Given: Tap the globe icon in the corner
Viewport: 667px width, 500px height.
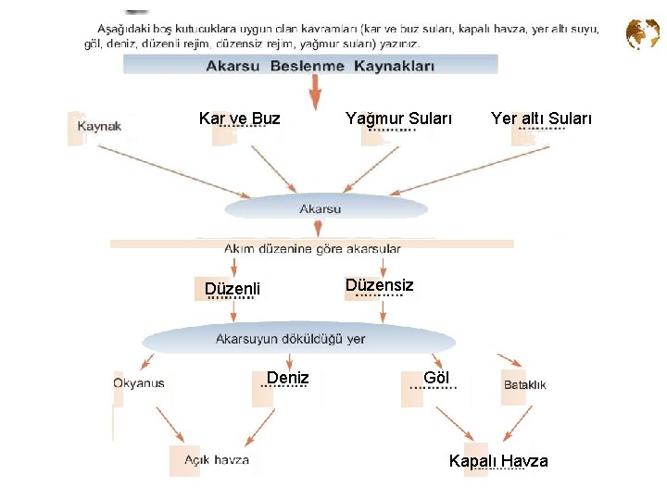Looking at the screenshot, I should [642, 35].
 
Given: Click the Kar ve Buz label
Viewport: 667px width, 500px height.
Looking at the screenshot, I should [239, 119].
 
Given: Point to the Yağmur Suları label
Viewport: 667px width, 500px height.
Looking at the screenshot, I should [398, 119].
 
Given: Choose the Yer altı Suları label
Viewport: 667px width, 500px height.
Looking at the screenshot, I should [541, 119].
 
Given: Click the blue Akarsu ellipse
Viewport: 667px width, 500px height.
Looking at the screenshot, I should [320, 209].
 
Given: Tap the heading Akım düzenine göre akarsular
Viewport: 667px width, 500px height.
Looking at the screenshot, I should [312, 248].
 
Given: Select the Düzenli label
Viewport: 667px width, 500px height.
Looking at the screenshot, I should [233, 289].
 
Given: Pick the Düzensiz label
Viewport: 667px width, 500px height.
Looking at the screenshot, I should [380, 285].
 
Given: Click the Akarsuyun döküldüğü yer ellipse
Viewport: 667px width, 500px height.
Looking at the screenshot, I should [290, 339].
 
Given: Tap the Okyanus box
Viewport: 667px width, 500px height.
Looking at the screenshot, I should [139, 383].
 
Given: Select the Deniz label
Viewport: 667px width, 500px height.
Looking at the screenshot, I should [287, 378].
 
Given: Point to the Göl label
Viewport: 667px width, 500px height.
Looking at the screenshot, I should [436, 378].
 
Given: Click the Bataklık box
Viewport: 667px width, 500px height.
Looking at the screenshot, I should [524, 384].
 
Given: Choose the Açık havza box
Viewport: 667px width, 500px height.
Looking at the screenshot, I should [216, 460].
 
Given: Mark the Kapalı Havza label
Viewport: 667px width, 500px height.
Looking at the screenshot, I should [498, 461].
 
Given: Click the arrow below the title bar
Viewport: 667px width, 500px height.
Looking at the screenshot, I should [316, 93].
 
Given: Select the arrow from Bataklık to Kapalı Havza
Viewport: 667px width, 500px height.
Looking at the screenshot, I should [515, 422].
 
